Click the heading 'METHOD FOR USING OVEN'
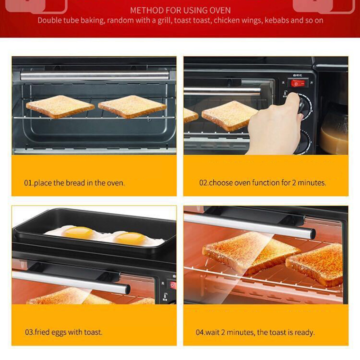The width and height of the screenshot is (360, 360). tap(180, 10)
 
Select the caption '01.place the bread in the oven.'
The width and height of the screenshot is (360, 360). tap(74, 183)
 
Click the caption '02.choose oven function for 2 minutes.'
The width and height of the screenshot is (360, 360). tap(263, 183)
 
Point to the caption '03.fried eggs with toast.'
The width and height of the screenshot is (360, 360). tap(63, 332)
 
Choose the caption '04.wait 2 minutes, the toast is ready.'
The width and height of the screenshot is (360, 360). tap(255, 332)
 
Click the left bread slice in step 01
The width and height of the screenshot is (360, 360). tap(60, 107)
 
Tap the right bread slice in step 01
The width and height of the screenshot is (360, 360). tap(132, 107)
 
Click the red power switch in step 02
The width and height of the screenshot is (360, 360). tap(298, 83)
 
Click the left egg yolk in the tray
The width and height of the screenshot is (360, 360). tap(78, 232)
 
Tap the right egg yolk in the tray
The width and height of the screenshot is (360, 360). tap(130, 238)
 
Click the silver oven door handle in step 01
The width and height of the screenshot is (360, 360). tap(94, 76)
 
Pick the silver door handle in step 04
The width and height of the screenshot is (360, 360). tap(250, 226)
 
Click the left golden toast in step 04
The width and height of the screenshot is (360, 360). tap(250, 252)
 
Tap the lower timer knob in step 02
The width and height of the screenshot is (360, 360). tap(303, 142)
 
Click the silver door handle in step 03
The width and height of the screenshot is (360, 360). tap(71, 283)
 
